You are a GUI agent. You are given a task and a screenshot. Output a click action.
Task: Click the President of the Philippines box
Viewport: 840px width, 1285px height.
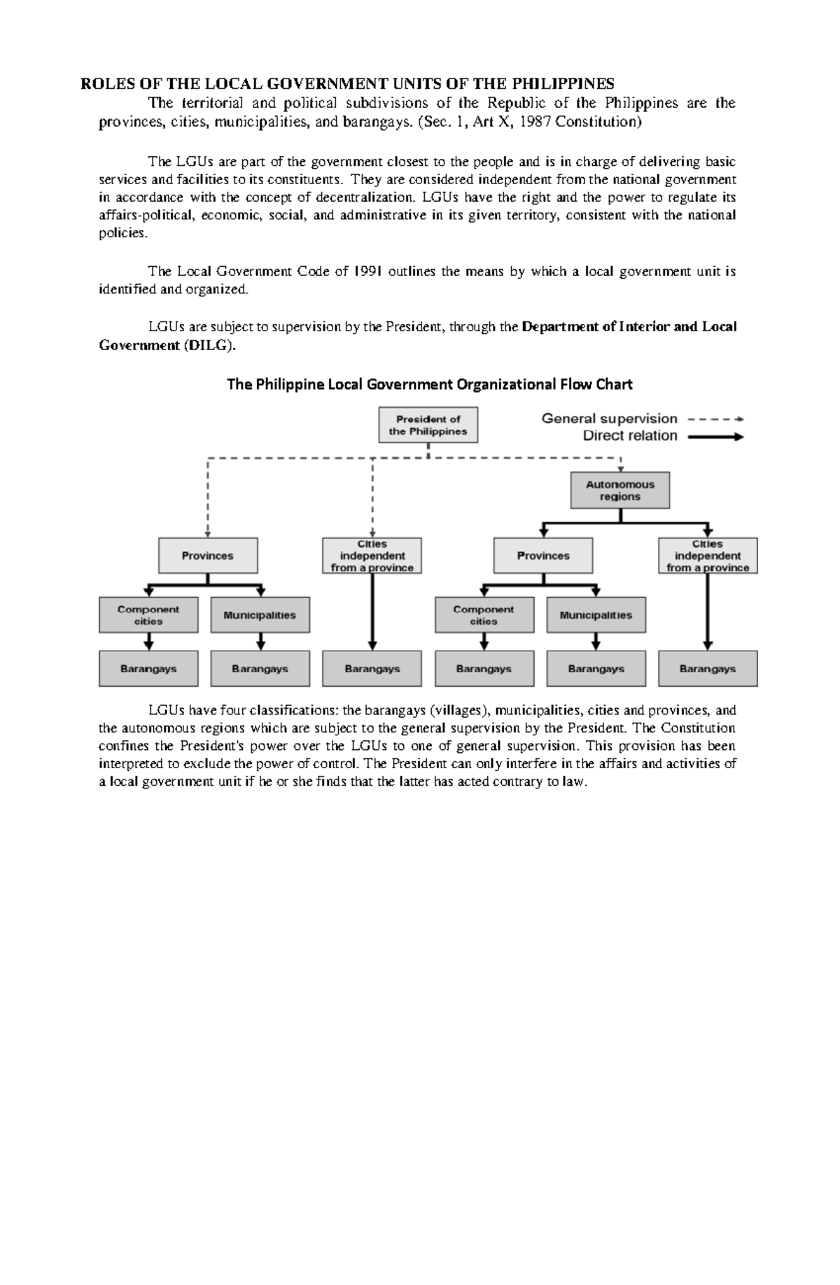coord(428,425)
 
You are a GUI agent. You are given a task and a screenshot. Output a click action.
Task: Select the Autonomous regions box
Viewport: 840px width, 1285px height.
coord(619,490)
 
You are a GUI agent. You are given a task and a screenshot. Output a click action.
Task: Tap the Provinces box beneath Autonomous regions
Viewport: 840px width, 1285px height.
coord(542,556)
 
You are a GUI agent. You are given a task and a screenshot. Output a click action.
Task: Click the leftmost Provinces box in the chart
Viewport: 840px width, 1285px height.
coord(207,556)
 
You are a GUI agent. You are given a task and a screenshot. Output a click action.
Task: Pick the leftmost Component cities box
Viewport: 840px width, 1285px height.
coord(148,615)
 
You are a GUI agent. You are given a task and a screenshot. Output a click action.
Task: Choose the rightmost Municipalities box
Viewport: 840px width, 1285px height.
coord(596,615)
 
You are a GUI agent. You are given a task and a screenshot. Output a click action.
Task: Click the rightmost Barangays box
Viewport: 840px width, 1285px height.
coord(707,669)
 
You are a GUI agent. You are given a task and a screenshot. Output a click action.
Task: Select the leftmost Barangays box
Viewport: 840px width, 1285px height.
coord(148,669)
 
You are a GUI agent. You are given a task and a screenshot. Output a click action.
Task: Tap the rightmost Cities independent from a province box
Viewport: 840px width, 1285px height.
coord(707,556)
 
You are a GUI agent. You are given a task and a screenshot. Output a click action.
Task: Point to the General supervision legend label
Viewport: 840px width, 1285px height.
coord(609,419)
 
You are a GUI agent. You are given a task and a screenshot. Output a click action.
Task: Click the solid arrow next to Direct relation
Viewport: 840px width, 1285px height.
coord(715,437)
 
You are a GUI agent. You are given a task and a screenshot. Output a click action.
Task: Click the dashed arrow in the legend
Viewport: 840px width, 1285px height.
coord(715,419)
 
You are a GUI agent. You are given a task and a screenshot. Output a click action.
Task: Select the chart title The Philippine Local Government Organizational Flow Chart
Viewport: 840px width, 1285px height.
coord(430,384)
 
